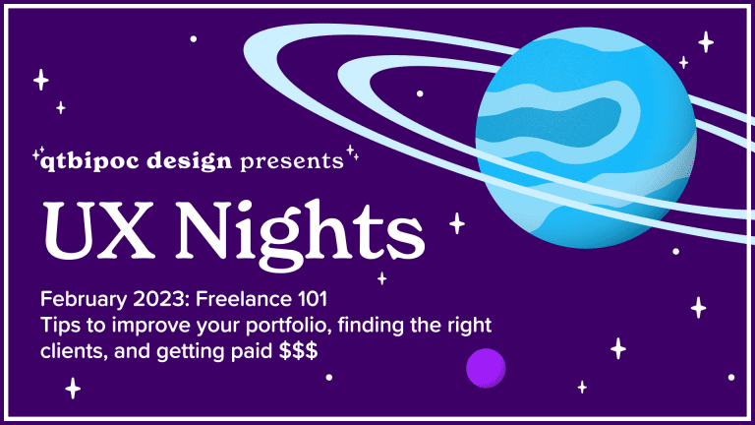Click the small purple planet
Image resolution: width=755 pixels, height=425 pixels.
pyautogui.click(x=486, y=368)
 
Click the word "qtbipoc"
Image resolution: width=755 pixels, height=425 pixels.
pyautogui.click(x=89, y=161)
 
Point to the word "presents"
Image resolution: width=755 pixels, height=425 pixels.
pyautogui.click(x=292, y=162)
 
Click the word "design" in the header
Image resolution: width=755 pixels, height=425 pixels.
pyautogui.click(x=189, y=161)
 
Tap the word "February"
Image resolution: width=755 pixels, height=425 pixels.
pyautogui.click(x=84, y=300)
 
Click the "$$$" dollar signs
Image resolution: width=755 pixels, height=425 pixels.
pyautogui.click(x=299, y=351)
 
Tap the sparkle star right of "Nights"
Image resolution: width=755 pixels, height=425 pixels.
pyautogui.click(x=457, y=223)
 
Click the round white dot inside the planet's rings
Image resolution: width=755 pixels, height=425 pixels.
pyautogui.click(x=420, y=93)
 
